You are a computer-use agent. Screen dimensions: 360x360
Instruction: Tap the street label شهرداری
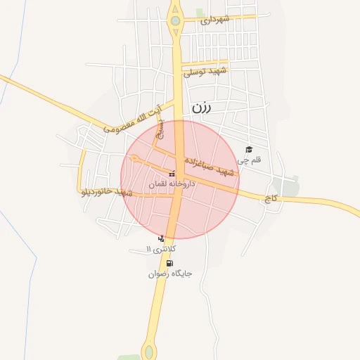215,20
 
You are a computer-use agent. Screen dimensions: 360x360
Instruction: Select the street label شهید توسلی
206,72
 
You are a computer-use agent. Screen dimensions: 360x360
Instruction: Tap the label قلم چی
249,160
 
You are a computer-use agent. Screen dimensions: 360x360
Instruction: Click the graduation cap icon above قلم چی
248,149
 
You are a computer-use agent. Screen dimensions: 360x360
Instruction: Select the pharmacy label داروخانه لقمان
172,184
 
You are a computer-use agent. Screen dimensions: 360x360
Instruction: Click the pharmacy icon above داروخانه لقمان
172,174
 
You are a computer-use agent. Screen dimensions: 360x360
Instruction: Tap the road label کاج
271,200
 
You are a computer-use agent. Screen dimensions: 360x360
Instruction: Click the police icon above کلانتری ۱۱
162,238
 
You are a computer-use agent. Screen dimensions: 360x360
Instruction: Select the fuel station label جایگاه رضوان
169,274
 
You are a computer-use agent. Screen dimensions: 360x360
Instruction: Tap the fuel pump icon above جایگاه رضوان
169,264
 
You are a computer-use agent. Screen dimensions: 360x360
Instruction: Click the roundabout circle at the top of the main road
174,21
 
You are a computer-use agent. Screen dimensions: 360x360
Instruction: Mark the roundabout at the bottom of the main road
149,349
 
